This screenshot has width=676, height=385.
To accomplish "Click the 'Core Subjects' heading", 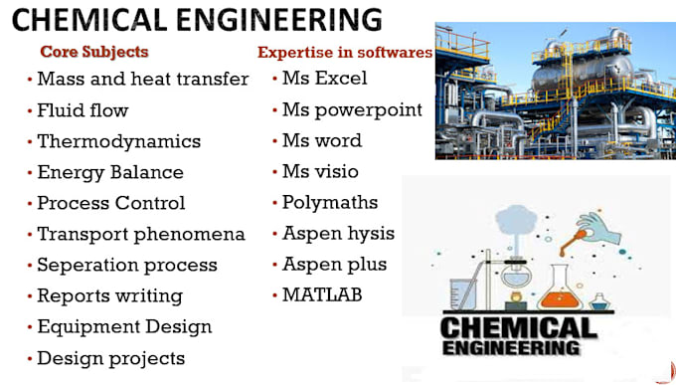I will [x=93, y=51].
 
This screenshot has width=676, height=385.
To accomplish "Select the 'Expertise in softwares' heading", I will [x=345, y=52].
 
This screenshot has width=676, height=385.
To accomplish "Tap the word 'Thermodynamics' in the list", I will [x=118, y=141].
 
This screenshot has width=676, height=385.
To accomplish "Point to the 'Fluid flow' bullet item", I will [x=83, y=110].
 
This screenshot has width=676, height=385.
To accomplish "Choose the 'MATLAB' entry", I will [x=322, y=294].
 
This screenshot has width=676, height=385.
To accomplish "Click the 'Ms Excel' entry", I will [x=324, y=79].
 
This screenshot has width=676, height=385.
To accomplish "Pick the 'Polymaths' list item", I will [x=330, y=202].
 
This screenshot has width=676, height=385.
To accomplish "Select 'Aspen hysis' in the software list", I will [x=338, y=234].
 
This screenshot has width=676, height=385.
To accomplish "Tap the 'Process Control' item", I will [x=110, y=203].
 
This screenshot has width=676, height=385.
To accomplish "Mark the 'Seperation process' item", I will [x=126, y=265].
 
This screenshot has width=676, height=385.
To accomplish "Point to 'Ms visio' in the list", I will [x=320, y=171].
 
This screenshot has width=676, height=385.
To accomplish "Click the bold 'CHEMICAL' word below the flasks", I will [x=518, y=327].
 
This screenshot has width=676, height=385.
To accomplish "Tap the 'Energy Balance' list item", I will [x=110, y=172].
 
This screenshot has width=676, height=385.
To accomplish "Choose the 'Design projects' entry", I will [x=110, y=357].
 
